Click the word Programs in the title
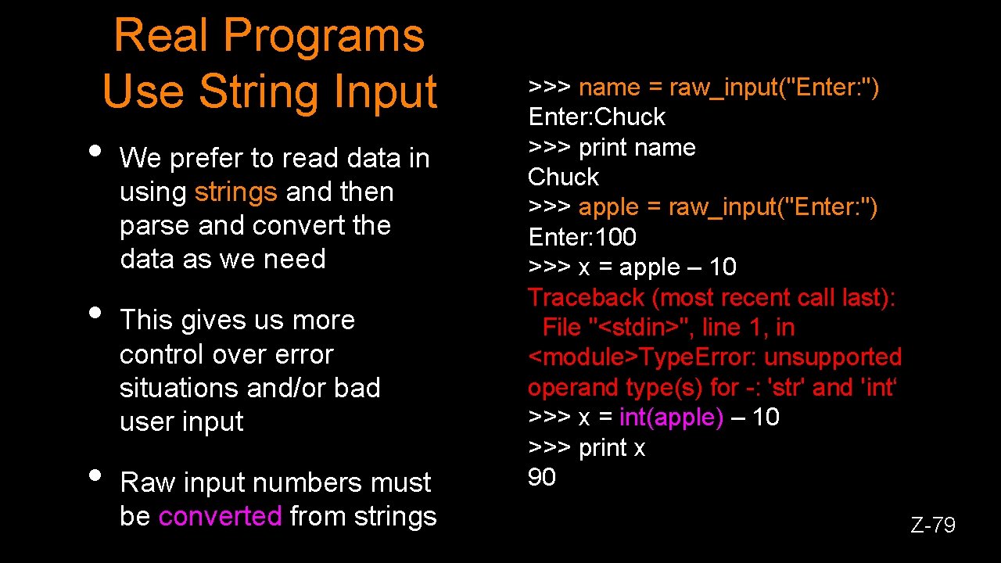pyautogui.click(x=324, y=37)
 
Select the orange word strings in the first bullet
pyautogui.click(x=235, y=192)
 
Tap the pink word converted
pyautogui.click(x=220, y=516)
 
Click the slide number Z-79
pyautogui.click(x=932, y=525)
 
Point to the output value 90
pyautogui.click(x=542, y=478)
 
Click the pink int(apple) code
pyautogui.click(x=671, y=418)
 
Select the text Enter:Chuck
pyautogui.click(x=597, y=117)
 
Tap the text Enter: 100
pyautogui.click(x=583, y=237)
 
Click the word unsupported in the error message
pyautogui.click(x=833, y=357)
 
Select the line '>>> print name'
pyautogui.click(x=612, y=148)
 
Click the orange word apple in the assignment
pyautogui.click(x=608, y=207)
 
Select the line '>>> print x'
pyautogui.click(x=587, y=448)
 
